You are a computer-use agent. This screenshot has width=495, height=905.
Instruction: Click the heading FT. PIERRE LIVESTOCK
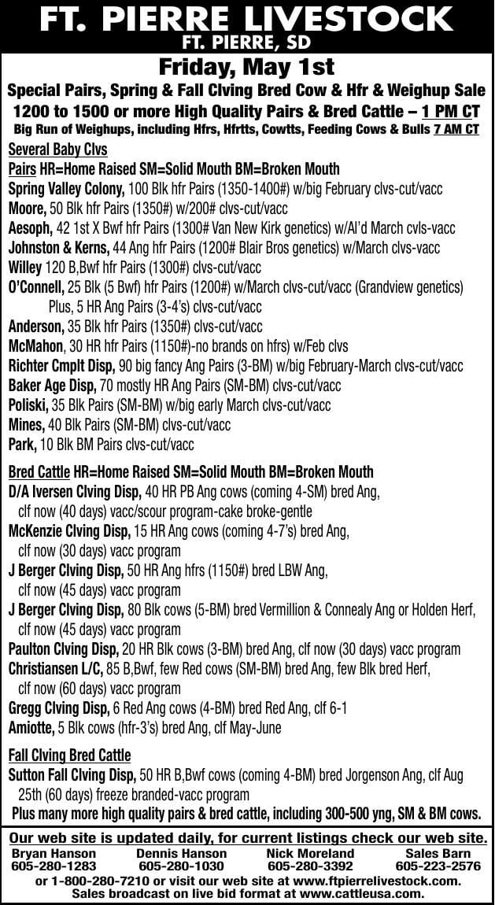point(246,17)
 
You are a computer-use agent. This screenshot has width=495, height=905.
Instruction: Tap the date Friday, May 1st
point(246,66)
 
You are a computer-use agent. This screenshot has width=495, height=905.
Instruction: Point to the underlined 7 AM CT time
point(456,129)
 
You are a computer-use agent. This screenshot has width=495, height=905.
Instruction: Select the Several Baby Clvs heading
point(57,150)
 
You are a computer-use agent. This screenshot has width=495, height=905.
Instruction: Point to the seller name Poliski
point(29,405)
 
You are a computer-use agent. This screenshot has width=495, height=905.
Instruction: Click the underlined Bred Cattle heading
point(39,472)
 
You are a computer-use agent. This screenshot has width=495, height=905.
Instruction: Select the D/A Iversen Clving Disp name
point(75,492)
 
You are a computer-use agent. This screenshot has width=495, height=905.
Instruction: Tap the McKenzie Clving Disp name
point(69,531)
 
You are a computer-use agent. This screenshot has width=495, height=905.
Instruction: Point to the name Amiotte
point(31,728)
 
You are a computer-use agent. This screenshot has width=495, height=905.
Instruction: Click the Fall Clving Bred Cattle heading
point(70,755)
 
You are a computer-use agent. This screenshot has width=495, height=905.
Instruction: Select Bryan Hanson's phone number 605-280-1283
point(54,866)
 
